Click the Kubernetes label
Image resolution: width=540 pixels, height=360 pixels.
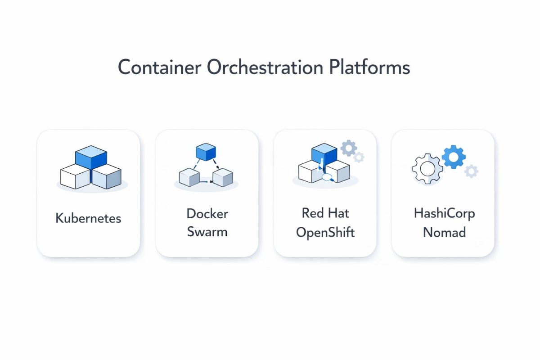click(88, 219)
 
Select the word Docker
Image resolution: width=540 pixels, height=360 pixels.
click(207, 213)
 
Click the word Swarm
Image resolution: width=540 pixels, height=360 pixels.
click(207, 232)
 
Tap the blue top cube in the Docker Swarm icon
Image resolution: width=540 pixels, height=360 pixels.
click(207, 152)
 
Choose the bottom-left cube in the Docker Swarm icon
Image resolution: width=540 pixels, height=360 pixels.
click(189, 177)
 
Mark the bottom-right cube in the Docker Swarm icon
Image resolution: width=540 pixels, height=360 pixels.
click(222, 177)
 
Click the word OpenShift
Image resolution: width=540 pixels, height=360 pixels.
click(325, 232)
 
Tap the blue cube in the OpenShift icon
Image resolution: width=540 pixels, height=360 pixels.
click(324, 153)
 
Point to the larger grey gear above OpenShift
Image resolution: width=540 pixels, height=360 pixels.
click(348, 148)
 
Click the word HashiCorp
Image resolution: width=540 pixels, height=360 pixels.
click(444, 213)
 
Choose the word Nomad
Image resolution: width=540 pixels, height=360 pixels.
click(444, 233)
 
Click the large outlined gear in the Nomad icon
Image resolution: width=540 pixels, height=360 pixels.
click(427, 169)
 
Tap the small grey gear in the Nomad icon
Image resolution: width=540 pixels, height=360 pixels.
click(471, 171)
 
